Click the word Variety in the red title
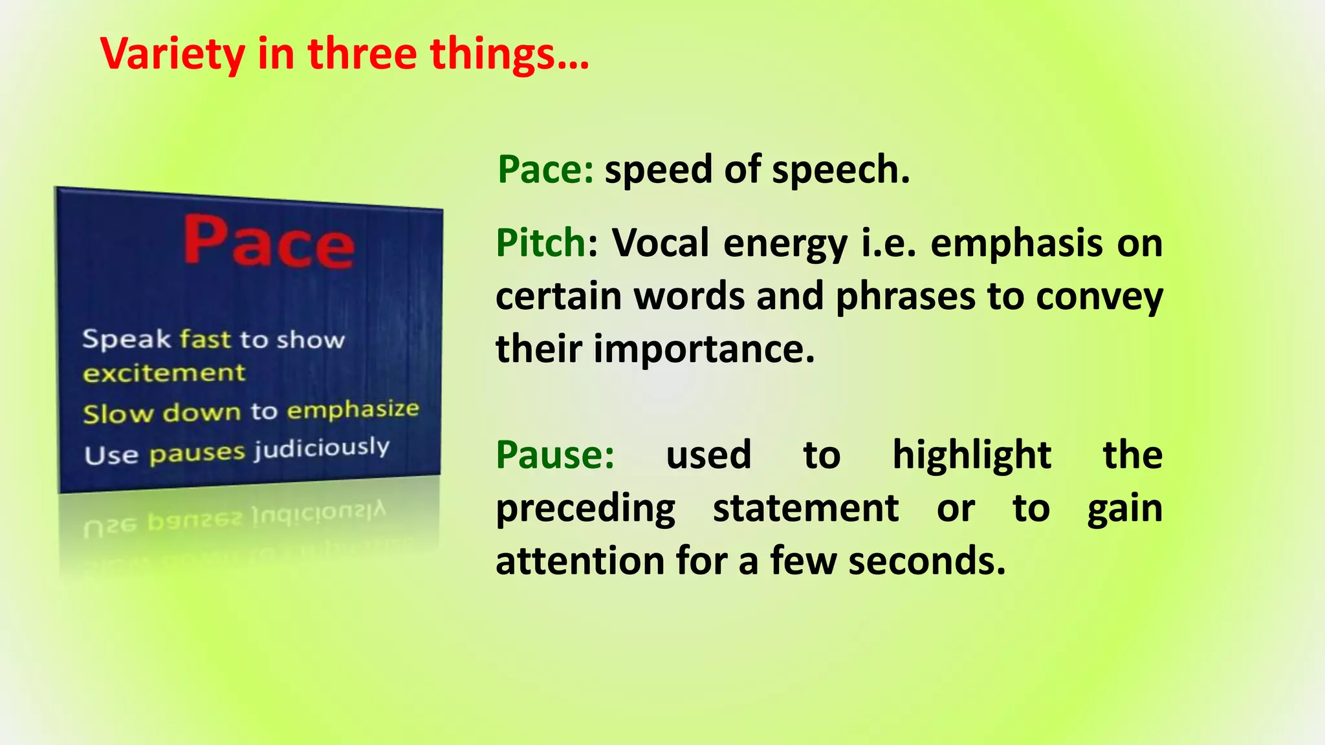pyautogui.click(x=172, y=54)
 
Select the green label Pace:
pyautogui.click(x=545, y=170)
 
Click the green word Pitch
pyautogui.click(x=541, y=243)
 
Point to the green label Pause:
pyautogui.click(x=555, y=455)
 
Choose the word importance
pyautogui.click(x=703, y=349)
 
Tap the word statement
pyautogui.click(x=805, y=508)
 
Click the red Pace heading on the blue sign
pyautogui.click(x=268, y=242)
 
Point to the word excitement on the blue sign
pyautogui.click(x=164, y=372)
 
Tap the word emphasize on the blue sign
pyautogui.click(x=353, y=409)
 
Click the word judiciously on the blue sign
pyautogui.click(x=322, y=448)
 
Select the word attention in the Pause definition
pyautogui.click(x=580, y=561)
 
